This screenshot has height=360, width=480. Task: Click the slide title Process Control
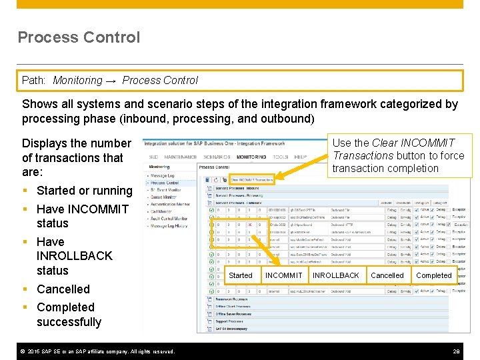[x=79, y=37]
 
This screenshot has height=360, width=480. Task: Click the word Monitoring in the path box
[x=78, y=81]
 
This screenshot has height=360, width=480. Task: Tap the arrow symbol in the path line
[x=111, y=81]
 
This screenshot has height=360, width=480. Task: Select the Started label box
[x=241, y=275]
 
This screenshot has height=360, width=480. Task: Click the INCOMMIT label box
[x=283, y=275]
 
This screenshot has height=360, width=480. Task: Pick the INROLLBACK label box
[x=335, y=275]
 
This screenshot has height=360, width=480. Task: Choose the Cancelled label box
[x=387, y=275]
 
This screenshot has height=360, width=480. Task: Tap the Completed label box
[x=433, y=275]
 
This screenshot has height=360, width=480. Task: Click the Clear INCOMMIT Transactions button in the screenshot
[x=252, y=179]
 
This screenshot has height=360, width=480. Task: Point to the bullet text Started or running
[x=84, y=191]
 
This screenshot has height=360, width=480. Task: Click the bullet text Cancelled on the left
[x=63, y=289]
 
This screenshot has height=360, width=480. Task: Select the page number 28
[x=457, y=351]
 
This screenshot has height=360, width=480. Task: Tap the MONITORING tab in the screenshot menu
[x=251, y=157]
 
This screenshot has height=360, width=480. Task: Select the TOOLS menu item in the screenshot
[x=281, y=157]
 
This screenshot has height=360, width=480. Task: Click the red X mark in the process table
[x=249, y=225]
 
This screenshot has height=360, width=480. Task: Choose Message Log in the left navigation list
[x=164, y=176]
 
